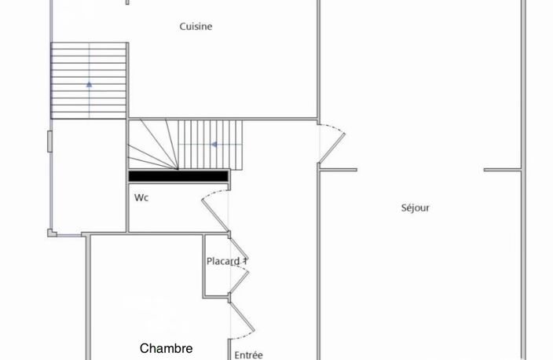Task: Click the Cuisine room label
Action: click(x=196, y=27)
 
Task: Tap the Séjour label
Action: click(x=415, y=208)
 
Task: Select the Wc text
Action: click(x=141, y=197)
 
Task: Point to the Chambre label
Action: click(x=166, y=348)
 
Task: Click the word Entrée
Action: click(x=249, y=354)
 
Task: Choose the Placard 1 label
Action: click(x=227, y=261)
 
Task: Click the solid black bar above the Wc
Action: click(x=178, y=176)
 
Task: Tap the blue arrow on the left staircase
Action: click(x=90, y=84)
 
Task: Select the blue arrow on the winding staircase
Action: click(x=214, y=145)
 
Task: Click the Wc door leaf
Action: click(x=215, y=216)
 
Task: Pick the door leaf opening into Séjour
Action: click(x=331, y=148)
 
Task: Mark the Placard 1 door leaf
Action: click(x=239, y=282)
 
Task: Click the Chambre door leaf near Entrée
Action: click(x=242, y=317)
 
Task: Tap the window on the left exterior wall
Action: click(x=50, y=141)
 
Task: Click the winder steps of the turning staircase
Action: click(x=153, y=145)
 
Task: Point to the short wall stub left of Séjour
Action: click(x=338, y=170)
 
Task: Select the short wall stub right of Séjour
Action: click(x=502, y=170)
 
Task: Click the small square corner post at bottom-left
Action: click(x=52, y=233)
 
